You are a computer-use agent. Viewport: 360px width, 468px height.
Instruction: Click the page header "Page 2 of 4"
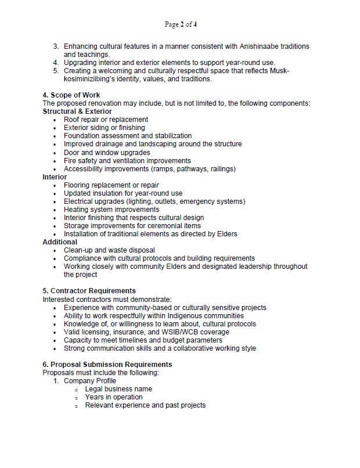[x=180, y=24]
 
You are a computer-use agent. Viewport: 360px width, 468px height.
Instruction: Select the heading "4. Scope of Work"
[x=71, y=95]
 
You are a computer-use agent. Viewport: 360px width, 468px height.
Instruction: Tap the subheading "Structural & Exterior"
[x=77, y=111]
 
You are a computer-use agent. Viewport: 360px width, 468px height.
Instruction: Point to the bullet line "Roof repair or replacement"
[x=106, y=120]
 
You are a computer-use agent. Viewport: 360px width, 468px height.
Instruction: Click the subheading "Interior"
[x=55, y=177]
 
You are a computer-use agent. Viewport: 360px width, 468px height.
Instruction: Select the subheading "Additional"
[x=60, y=242]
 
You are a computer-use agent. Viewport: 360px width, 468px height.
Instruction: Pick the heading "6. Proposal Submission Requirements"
[x=107, y=364]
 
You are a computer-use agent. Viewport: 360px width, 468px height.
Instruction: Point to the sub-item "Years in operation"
[x=114, y=397]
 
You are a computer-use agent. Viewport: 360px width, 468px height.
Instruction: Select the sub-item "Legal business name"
[x=118, y=388]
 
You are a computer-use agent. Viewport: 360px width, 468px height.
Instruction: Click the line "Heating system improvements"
[x=111, y=209]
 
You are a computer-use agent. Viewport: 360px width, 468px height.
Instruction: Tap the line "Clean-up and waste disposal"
[x=110, y=250]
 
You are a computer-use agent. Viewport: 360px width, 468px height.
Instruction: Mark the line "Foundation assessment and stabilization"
[x=128, y=136]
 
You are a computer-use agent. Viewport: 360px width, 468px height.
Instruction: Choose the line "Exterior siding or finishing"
[x=105, y=128]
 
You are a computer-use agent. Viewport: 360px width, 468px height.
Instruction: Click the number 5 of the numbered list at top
[x=56, y=71]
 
